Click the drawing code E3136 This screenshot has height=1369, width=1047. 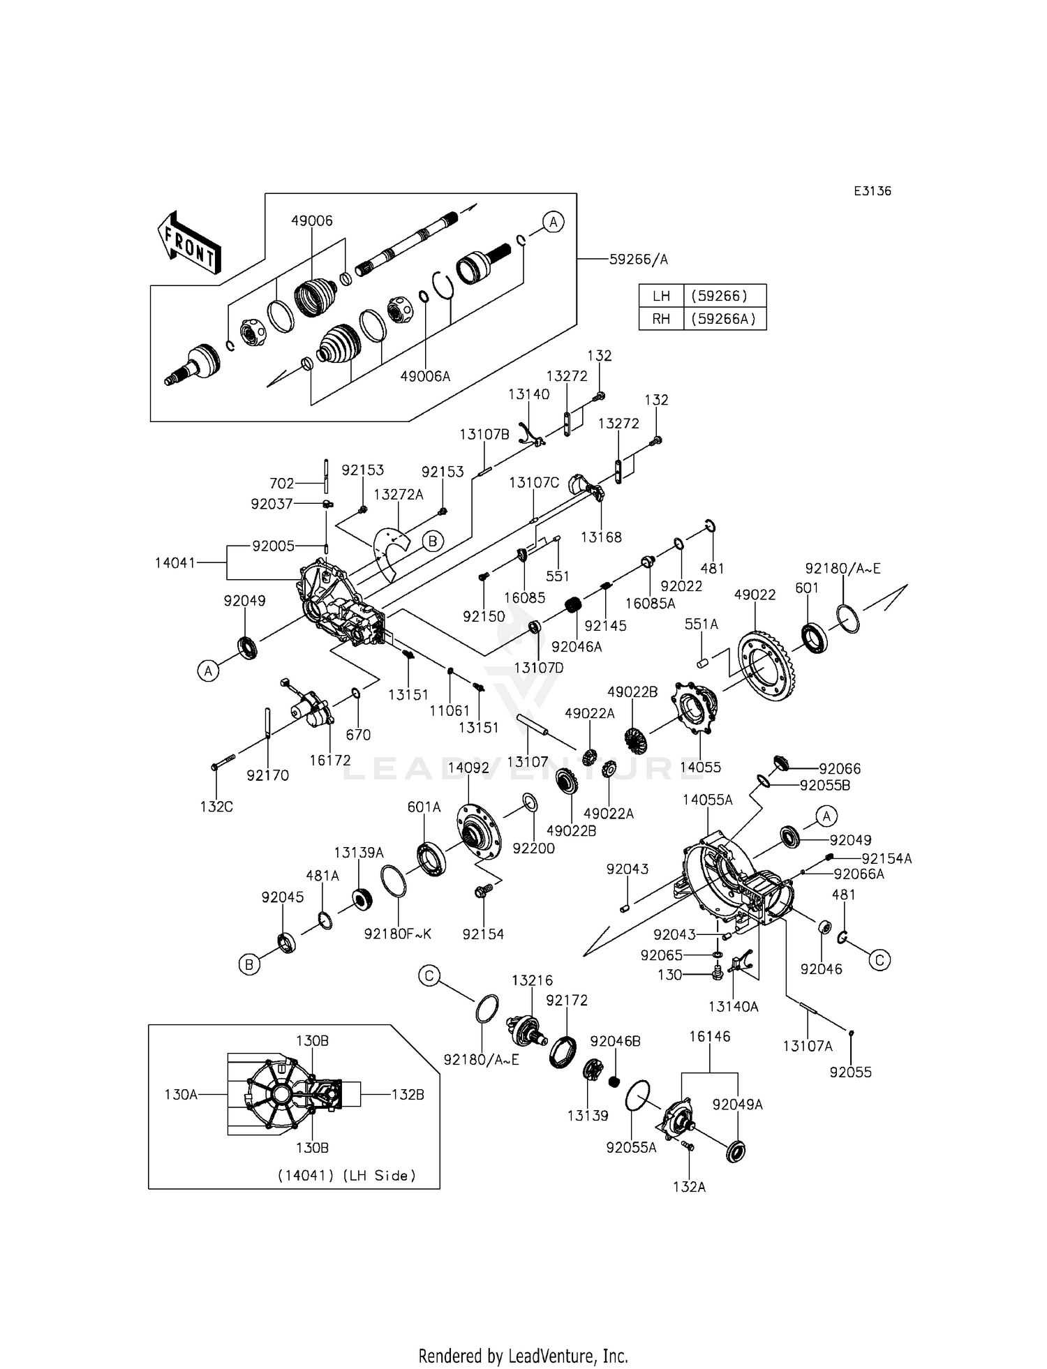click(872, 191)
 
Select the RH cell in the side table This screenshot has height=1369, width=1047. click(661, 319)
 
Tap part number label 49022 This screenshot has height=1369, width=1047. click(755, 594)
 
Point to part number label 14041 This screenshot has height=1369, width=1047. click(176, 562)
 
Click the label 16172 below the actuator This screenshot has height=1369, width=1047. click(330, 761)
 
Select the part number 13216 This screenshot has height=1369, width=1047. click(532, 980)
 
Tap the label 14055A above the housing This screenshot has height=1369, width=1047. click(708, 800)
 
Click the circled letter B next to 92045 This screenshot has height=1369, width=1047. click(248, 965)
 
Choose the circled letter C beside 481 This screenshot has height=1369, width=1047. click(879, 961)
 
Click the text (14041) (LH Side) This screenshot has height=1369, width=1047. click(347, 1176)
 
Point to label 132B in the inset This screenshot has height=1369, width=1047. click(408, 1095)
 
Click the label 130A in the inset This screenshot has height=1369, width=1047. click(181, 1095)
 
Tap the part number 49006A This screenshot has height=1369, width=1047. click(425, 376)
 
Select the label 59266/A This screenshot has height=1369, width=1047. click(639, 260)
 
